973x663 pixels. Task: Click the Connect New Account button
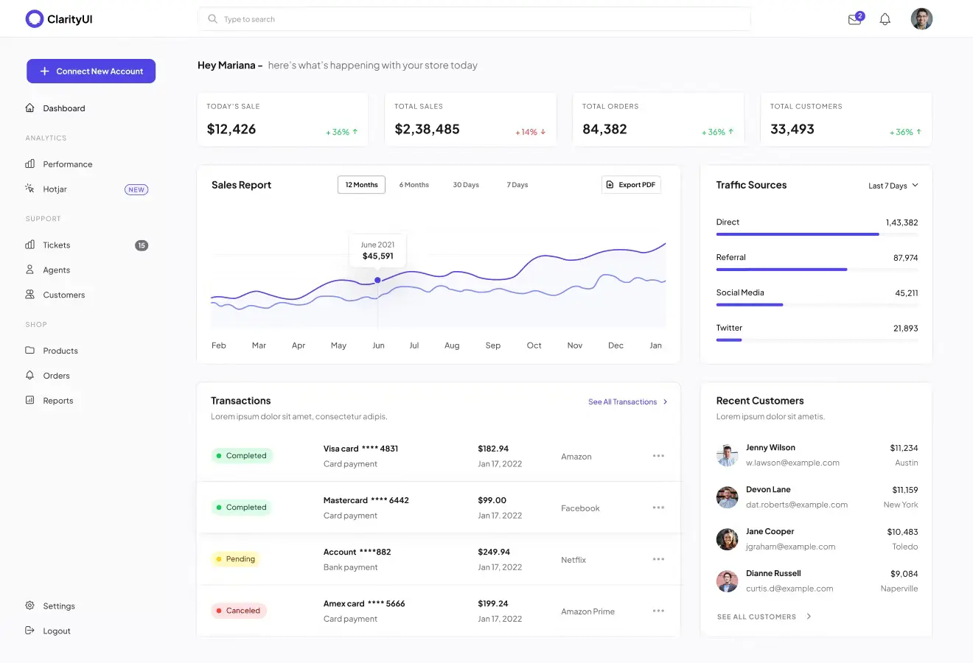tap(91, 71)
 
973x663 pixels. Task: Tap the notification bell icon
tap(885, 20)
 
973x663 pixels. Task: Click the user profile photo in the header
tap(921, 19)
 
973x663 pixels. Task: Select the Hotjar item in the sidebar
tap(55, 189)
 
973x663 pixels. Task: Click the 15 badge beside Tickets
tap(142, 245)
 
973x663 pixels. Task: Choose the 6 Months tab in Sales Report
tap(414, 185)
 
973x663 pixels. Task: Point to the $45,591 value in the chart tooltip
tap(377, 256)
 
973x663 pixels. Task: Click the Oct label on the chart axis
tap(534, 345)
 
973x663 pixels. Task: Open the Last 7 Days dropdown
tap(893, 186)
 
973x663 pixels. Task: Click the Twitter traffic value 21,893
tap(905, 329)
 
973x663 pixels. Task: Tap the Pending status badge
tap(234, 559)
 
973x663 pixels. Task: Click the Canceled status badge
tap(237, 611)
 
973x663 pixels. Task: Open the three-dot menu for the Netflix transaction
tap(658, 559)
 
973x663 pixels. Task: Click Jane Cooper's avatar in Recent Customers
tap(727, 539)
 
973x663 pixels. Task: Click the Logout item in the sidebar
tap(56, 631)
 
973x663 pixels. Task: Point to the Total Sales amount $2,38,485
tap(427, 130)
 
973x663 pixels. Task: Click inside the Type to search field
tap(472, 19)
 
